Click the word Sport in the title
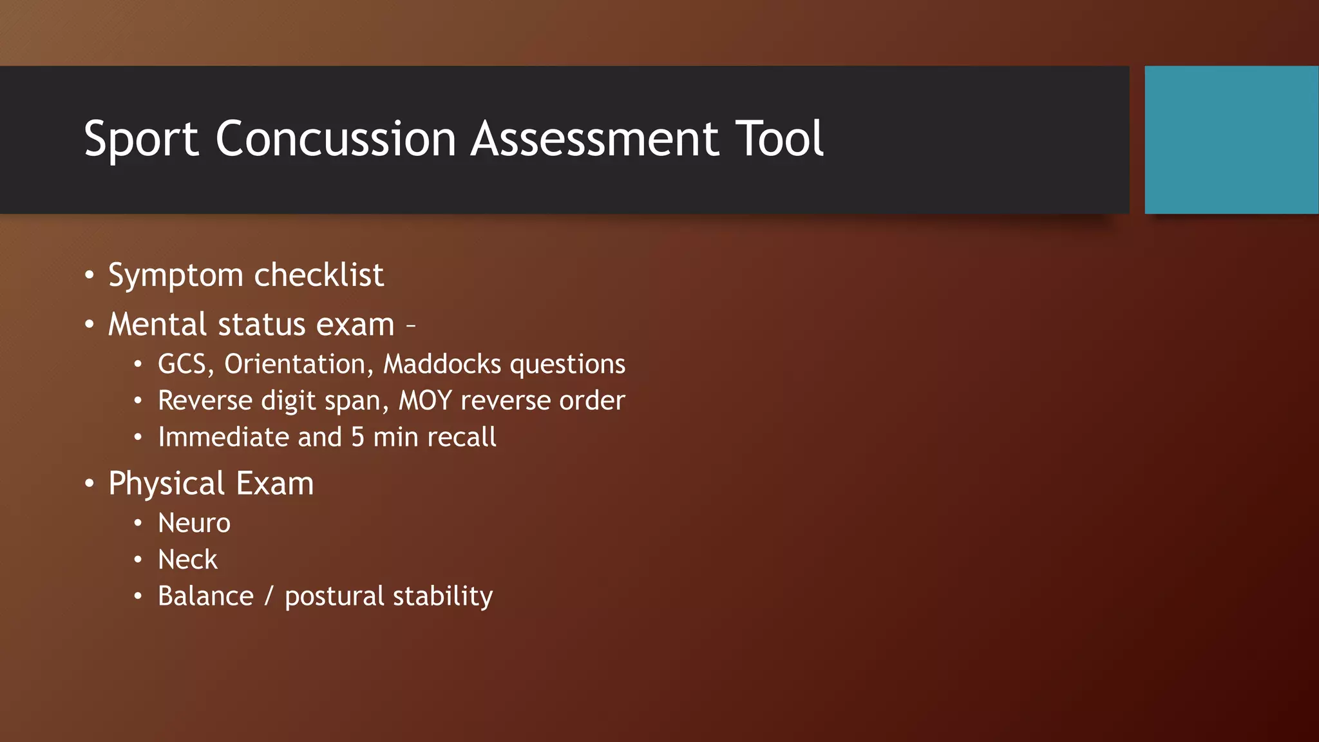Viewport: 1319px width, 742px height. tap(141, 139)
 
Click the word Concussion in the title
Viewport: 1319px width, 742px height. tap(336, 139)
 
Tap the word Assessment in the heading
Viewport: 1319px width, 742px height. tap(594, 139)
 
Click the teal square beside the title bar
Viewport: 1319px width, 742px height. tap(1231, 140)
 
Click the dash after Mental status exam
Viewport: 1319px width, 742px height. tap(410, 325)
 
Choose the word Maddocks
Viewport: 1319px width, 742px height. tap(442, 364)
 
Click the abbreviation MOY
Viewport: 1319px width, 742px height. tap(425, 401)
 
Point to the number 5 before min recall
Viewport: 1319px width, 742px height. tap(357, 437)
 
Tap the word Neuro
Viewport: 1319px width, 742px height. tap(194, 523)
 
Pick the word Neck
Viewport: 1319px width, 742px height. tap(187, 560)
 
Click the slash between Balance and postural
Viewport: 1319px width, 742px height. tap(269, 596)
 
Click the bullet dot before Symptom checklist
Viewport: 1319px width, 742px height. tap(90, 276)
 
